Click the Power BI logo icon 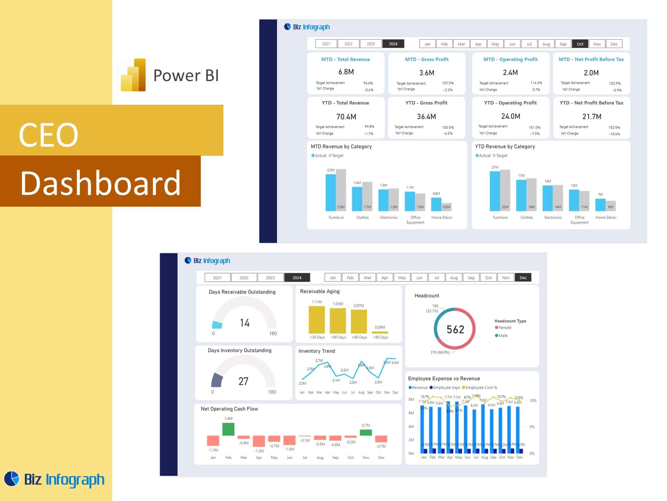click(133, 75)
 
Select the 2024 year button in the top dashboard click(393, 44)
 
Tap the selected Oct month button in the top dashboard click(580, 44)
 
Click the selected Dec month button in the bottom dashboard click(523, 278)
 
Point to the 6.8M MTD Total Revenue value click(346, 72)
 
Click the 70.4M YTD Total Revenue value click(346, 117)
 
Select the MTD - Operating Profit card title click(510, 59)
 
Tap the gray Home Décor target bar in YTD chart click(610, 206)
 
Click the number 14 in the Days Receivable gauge click(245, 323)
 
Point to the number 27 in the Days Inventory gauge click(243, 381)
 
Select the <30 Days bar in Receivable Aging click(317, 320)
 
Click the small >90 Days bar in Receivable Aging click(380, 332)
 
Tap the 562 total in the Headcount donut click(455, 329)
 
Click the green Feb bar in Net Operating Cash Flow click(228, 429)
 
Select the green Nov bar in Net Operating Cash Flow click(366, 432)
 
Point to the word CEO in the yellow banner click(49, 135)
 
